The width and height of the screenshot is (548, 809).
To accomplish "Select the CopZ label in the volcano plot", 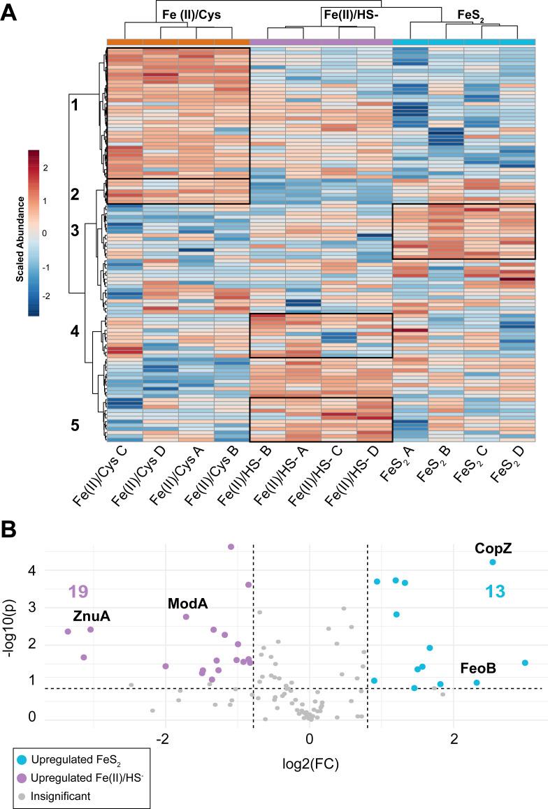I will pyautogui.click(x=493, y=548).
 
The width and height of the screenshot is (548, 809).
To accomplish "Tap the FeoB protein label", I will pyautogui.click(x=478, y=669).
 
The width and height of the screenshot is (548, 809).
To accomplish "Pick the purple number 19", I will pyautogui.click(x=78, y=592).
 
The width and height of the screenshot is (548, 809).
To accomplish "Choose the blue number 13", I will pyautogui.click(x=495, y=592).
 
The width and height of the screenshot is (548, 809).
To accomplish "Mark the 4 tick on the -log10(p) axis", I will pyautogui.click(x=30, y=571).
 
